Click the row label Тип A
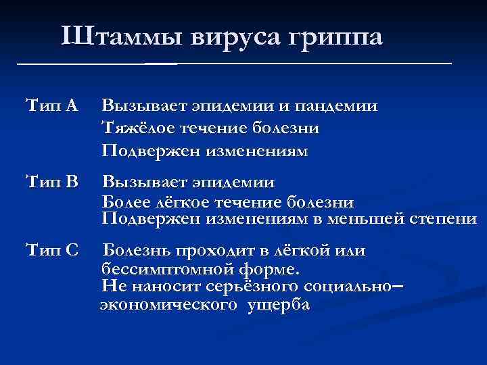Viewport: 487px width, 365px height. pyautogui.click(x=51, y=105)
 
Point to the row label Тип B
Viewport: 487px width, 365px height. pyautogui.click(x=51, y=182)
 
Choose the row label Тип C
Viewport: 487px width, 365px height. pyautogui.click(x=51, y=251)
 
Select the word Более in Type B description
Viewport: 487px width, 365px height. pyautogui.click(x=122, y=202)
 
